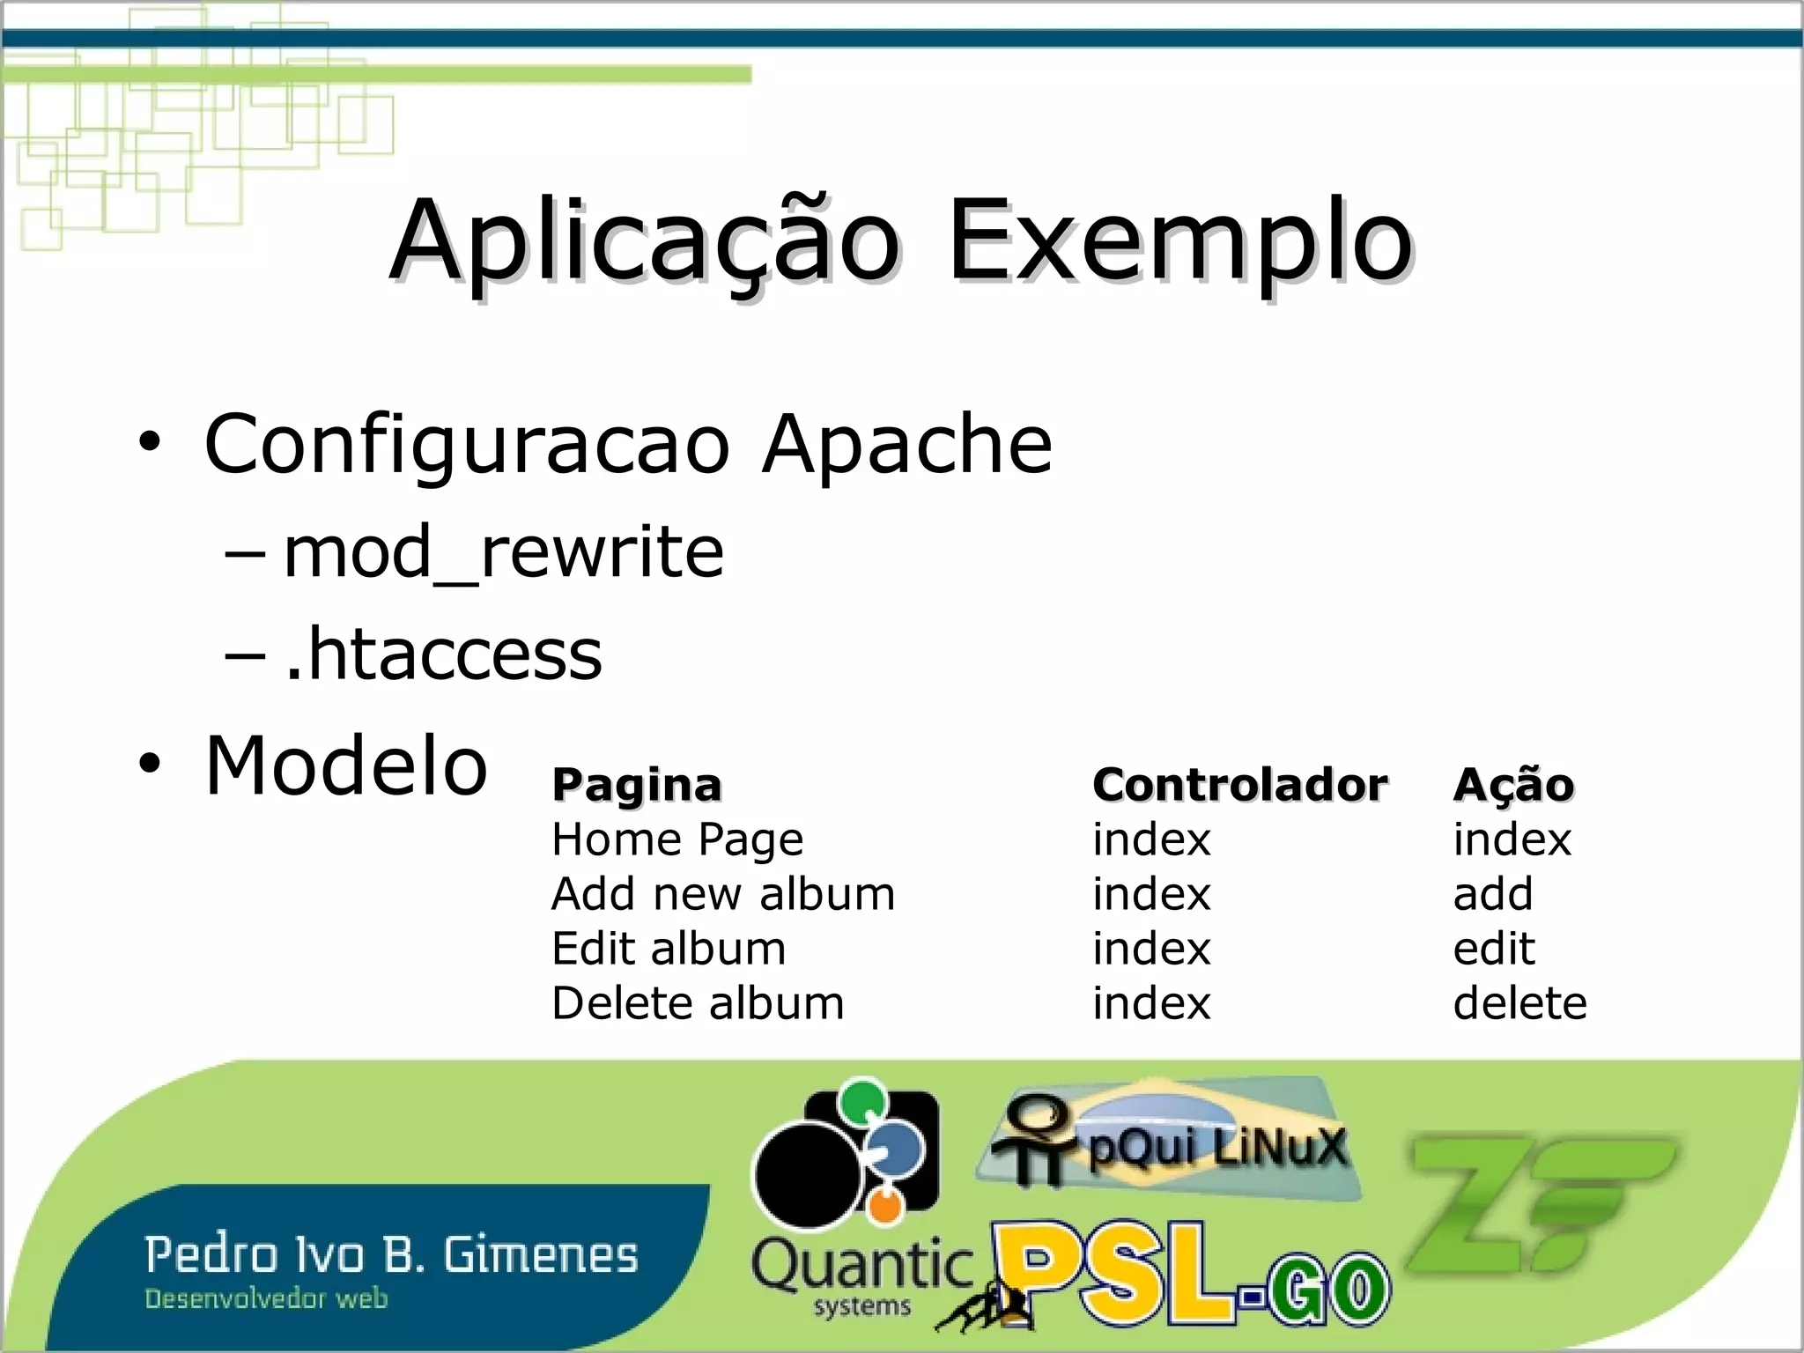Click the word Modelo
(346, 765)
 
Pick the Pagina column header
(636, 784)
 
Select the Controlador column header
(1239, 784)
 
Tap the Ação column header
(1512, 784)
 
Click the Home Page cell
(677, 839)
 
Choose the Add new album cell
(723, 894)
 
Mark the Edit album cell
(669, 949)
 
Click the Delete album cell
(698, 1003)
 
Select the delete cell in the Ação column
(1519, 1003)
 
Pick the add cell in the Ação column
(1493, 894)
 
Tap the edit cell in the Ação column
(1494, 949)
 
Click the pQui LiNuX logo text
(1216, 1148)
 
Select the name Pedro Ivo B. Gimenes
(391, 1254)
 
